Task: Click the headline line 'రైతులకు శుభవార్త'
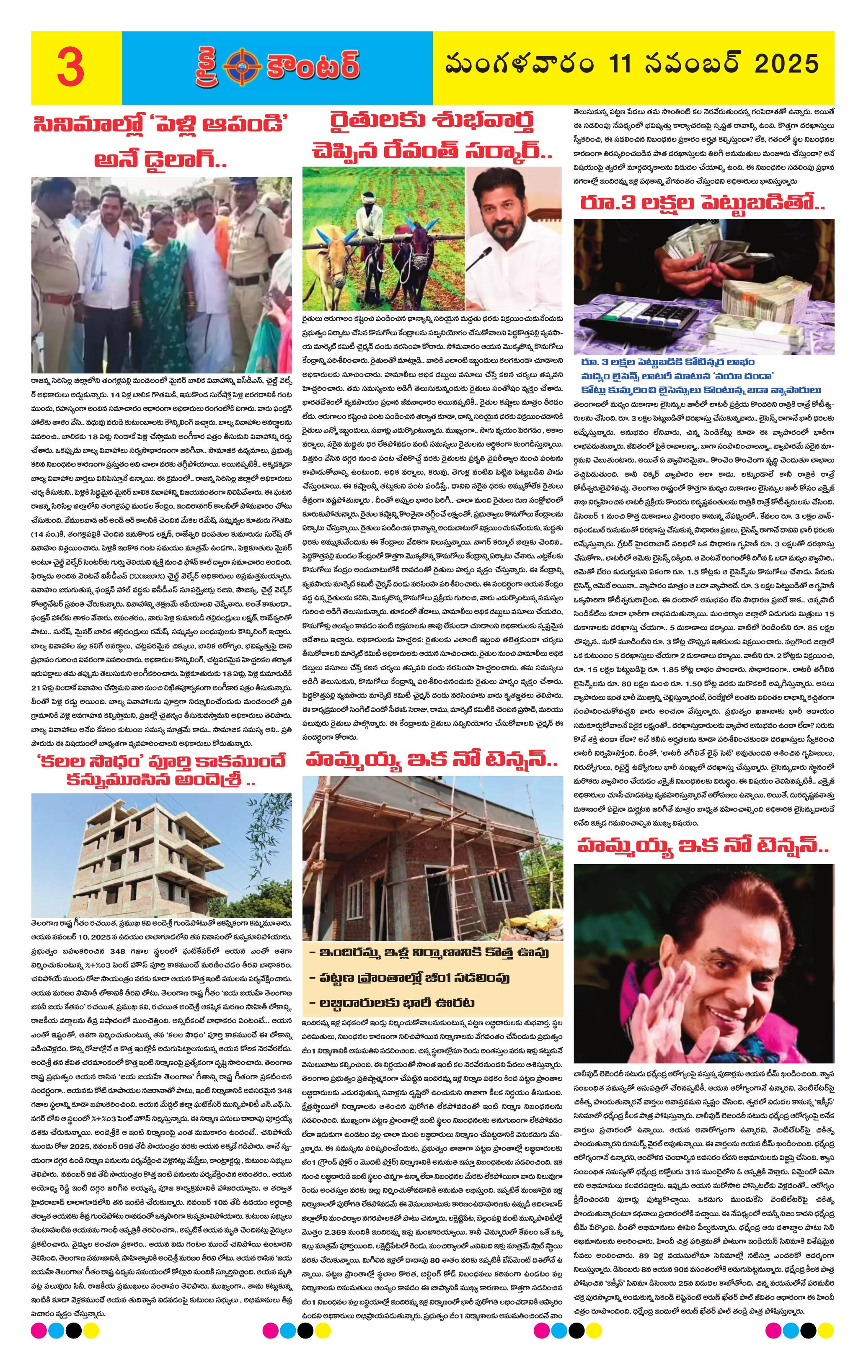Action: click(432, 121)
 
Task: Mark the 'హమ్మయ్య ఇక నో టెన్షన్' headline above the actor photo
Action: click(703, 846)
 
